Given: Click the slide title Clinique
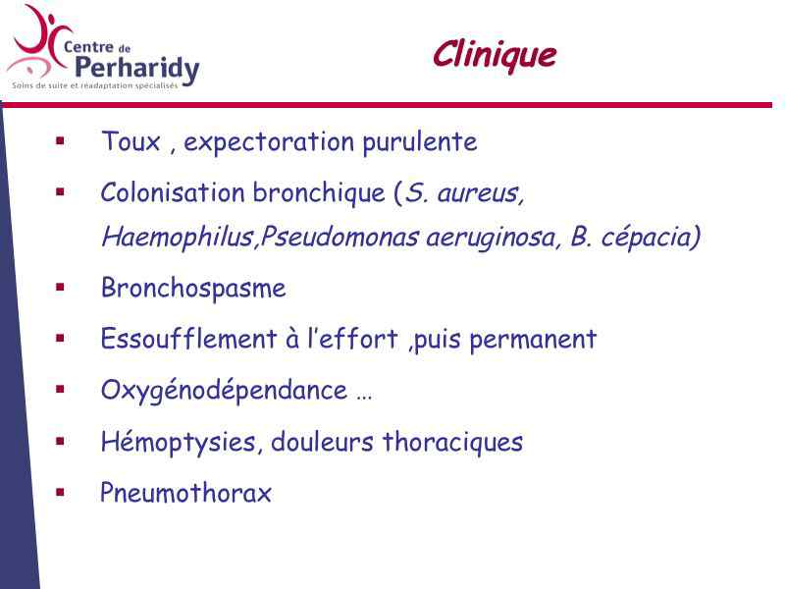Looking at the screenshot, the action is tap(495, 56).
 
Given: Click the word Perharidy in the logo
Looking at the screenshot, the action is tap(137, 69).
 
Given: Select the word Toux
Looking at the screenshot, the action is tap(131, 140).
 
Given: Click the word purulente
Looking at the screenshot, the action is tap(420, 142).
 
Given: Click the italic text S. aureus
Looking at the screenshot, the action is tap(463, 192).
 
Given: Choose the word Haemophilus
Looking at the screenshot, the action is tap(178, 237).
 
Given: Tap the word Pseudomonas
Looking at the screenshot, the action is tap(340, 237).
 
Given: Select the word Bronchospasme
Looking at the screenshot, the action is tap(193, 289).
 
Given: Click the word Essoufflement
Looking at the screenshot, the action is tap(188, 339).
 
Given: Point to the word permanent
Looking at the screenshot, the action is tap(533, 340).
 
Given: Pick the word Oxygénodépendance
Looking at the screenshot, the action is tap(224, 391).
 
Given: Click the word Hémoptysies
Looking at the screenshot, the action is tap(179, 443).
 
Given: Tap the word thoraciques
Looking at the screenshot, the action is tap(452, 443).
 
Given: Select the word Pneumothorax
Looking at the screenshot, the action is tap(185, 493).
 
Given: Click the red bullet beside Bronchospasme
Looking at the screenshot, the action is tap(61, 288).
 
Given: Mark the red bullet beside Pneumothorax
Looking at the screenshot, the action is tap(61, 493).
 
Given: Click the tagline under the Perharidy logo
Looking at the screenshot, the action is tap(94, 85).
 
